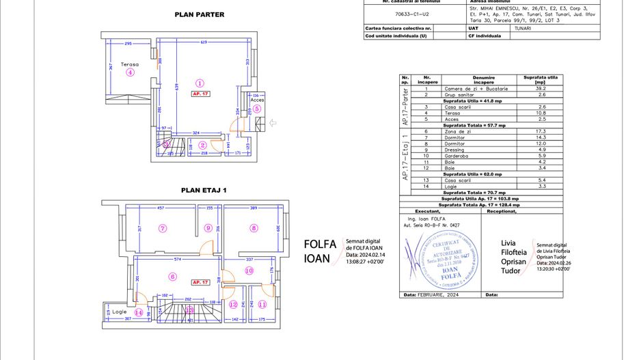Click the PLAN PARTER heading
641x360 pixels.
click(x=200, y=14)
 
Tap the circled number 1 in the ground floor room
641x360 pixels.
click(x=200, y=82)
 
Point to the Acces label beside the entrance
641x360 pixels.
click(x=257, y=100)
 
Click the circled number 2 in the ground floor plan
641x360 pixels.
click(x=203, y=144)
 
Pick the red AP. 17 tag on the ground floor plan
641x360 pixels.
click(x=200, y=93)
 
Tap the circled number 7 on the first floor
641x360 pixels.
click(x=163, y=228)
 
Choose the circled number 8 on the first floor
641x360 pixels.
click(x=254, y=228)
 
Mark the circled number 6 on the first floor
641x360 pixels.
click(x=172, y=277)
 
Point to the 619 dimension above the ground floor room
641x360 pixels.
click(x=203, y=43)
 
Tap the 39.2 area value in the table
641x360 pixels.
click(x=539, y=88)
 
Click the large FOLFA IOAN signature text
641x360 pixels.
click(x=317, y=251)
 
